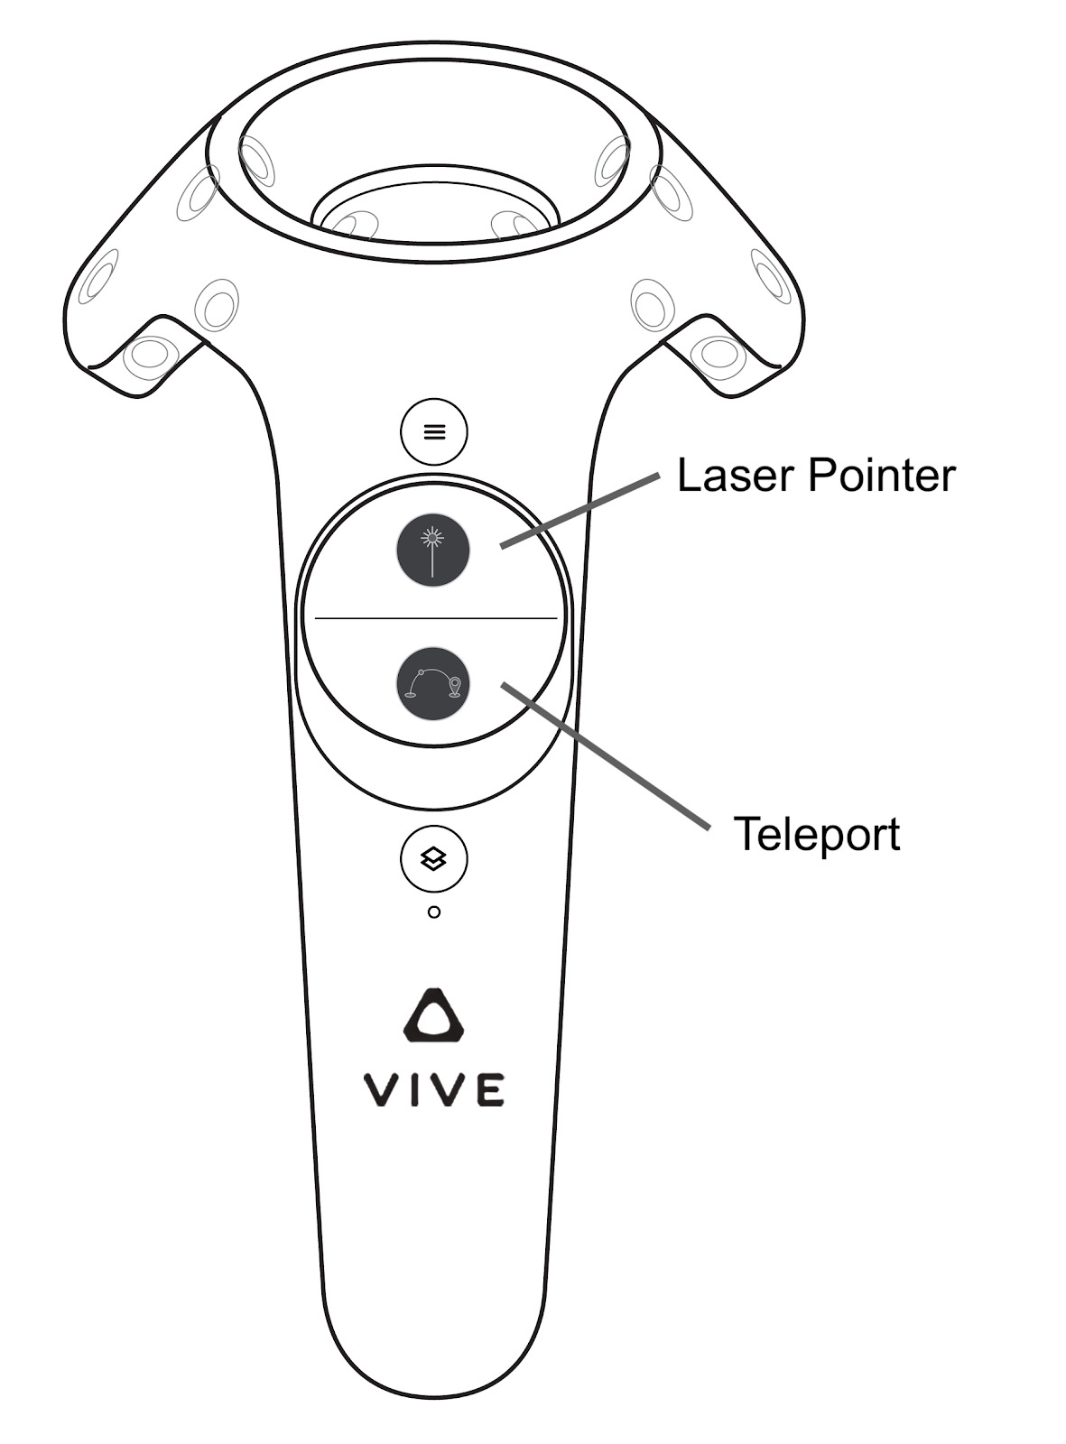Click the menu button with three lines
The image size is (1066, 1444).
tap(434, 431)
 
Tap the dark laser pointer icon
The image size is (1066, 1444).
tap(433, 550)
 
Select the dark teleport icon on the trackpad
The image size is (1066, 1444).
tap(433, 683)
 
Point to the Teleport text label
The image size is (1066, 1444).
tap(816, 833)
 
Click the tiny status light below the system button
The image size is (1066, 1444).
tap(434, 912)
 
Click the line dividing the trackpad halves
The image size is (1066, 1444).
tap(435, 618)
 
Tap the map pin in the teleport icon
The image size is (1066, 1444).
tap(455, 686)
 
